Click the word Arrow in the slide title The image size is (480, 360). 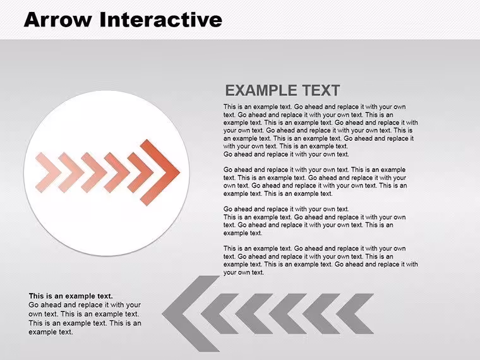click(58, 20)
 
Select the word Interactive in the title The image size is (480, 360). click(161, 20)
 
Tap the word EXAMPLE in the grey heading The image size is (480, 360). click(261, 90)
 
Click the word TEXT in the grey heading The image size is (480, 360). click(321, 90)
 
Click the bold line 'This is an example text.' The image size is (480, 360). click(71, 296)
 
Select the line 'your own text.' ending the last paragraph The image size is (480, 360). click(243, 272)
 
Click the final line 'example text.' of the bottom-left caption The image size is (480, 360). click(51, 332)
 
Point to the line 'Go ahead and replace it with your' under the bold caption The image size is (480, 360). click(85, 305)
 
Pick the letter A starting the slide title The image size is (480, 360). click(32, 20)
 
